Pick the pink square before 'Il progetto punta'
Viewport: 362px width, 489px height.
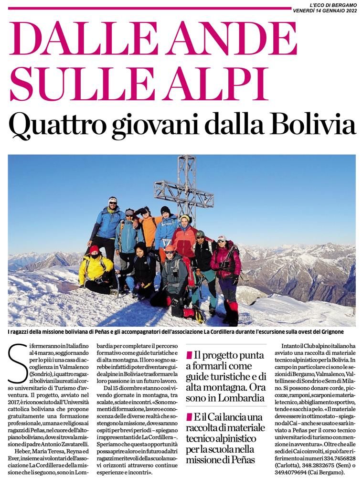(190, 356)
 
